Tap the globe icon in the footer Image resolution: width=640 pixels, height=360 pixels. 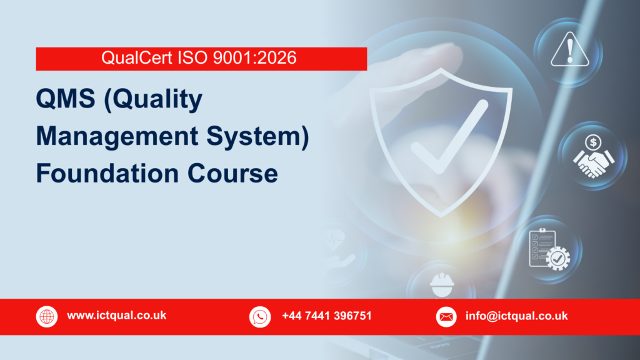point(47,316)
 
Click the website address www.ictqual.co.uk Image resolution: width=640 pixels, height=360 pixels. point(116,316)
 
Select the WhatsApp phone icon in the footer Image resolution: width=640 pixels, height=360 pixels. point(259,316)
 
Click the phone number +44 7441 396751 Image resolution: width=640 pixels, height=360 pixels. point(326,316)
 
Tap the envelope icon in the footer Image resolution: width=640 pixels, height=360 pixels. point(446,316)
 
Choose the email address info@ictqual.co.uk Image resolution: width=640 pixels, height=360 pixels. point(516,316)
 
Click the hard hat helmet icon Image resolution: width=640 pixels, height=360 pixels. point(442,284)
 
